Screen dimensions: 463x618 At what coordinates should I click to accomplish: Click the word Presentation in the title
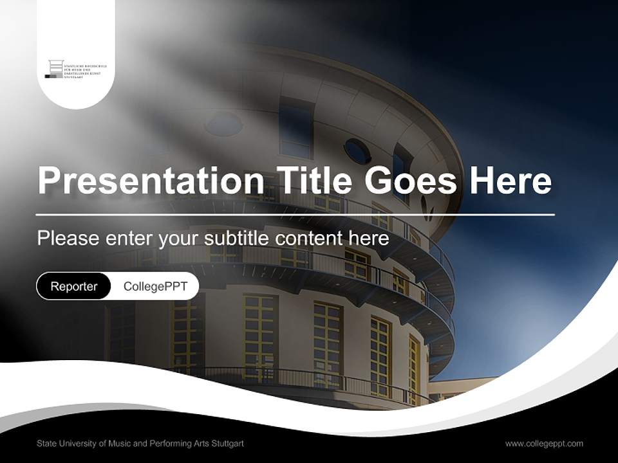click(151, 181)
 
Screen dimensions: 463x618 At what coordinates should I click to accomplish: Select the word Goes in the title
click(412, 181)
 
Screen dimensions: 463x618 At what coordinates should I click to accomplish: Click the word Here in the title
click(510, 181)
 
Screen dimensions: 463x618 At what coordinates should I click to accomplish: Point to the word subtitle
click(236, 238)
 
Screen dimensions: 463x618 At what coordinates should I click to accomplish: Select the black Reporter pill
click(74, 286)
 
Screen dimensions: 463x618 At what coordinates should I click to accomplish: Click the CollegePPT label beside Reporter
click(155, 286)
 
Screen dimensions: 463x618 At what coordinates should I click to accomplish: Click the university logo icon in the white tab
click(56, 69)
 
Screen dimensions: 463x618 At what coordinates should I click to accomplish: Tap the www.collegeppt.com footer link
click(544, 443)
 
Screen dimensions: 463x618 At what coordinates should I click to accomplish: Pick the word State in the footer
click(46, 443)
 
